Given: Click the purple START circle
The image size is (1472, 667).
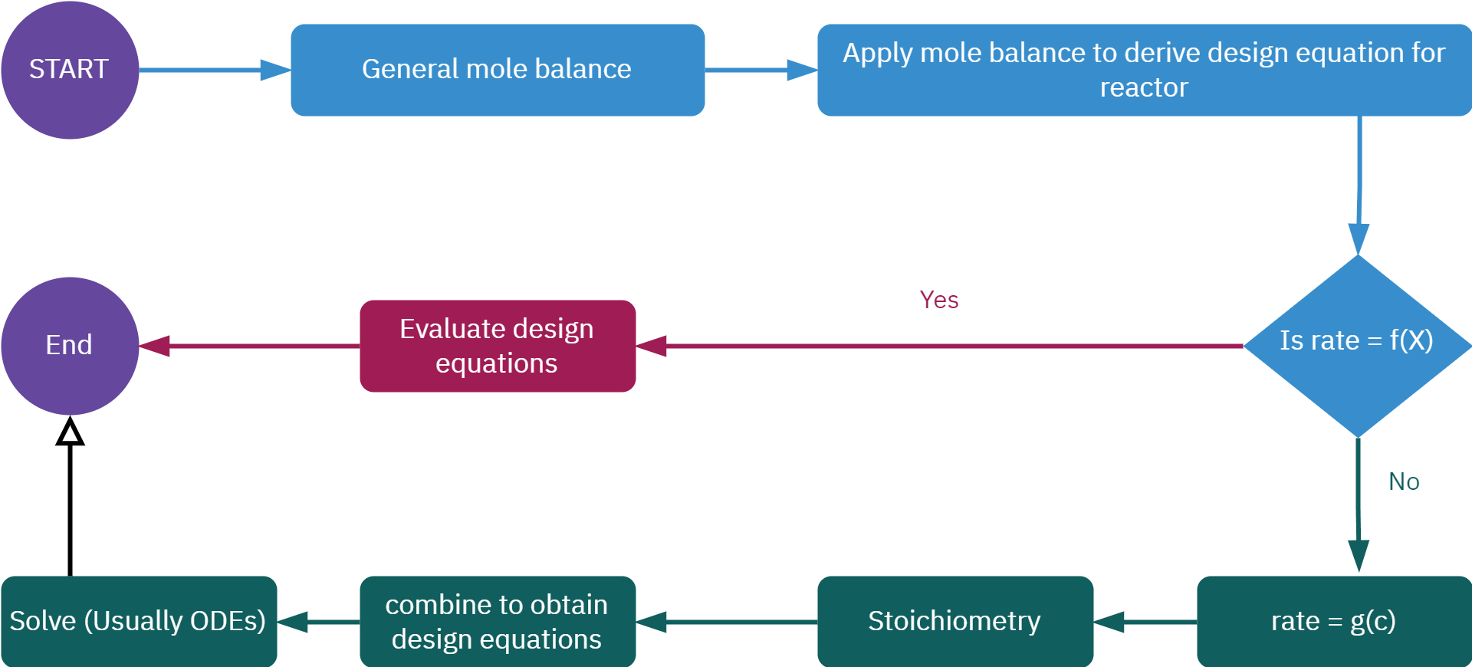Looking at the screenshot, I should (69, 70).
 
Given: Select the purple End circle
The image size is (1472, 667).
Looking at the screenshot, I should (69, 346).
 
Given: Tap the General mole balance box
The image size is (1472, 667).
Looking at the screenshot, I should (497, 70).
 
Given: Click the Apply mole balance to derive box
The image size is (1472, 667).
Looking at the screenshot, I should (1144, 70).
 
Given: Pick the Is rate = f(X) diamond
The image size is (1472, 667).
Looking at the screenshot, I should (1357, 346).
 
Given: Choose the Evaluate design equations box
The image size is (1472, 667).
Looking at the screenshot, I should (497, 346).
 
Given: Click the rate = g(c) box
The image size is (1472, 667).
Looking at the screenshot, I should (1333, 621).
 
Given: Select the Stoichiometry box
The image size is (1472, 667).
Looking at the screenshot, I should (955, 621).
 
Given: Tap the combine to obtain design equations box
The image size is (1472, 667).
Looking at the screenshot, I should (497, 621).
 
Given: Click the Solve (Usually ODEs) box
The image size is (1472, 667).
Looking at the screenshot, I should (138, 621).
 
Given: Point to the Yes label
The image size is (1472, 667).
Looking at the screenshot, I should (938, 300).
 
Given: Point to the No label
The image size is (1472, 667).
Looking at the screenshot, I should (1404, 481).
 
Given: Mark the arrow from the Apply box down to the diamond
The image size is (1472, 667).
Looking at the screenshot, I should (1359, 184).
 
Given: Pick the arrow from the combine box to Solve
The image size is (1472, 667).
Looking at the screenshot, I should (318, 622).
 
